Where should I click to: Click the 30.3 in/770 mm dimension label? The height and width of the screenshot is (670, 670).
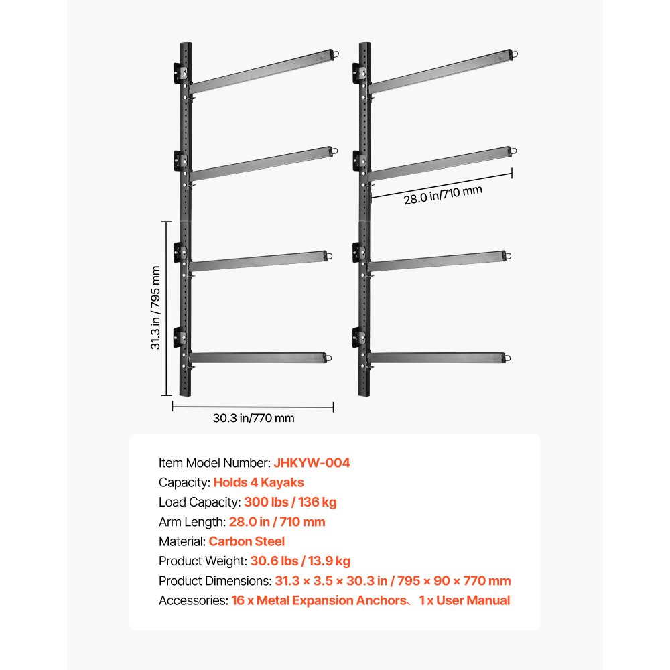[x=253, y=419]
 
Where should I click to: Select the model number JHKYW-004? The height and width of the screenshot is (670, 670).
[x=312, y=462]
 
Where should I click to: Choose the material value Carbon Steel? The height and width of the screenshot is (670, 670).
[x=247, y=541]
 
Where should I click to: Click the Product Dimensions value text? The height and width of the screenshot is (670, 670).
[x=392, y=581]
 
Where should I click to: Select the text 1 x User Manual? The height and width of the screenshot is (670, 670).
[x=464, y=600]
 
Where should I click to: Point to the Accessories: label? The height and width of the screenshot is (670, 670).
[x=192, y=600]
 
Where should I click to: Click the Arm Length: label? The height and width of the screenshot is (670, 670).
[x=192, y=521]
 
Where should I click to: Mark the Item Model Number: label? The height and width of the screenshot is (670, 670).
[x=214, y=462]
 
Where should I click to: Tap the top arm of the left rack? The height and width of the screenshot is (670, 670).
[x=261, y=70]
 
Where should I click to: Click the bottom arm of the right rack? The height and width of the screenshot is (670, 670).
[x=435, y=358]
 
